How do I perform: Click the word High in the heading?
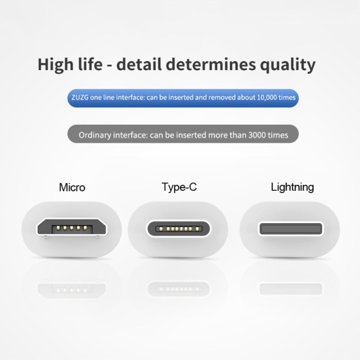[55, 64]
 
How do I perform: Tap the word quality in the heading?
[288, 65]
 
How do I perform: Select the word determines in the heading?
[211, 64]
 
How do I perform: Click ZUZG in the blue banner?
[80, 97]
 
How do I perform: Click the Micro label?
[72, 187]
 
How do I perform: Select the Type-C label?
[179, 187]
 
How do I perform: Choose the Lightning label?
[292, 187]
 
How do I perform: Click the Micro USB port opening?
[72, 227]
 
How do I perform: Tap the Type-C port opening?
[178, 229]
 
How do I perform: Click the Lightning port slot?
[291, 229]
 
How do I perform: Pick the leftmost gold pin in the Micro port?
[58, 228]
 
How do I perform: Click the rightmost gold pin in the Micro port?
[85, 228]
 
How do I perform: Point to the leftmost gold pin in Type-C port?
[161, 229]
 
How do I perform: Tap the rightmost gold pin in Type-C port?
[197, 229]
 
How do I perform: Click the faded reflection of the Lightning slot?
[291, 289]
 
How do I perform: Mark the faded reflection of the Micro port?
[72, 290]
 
